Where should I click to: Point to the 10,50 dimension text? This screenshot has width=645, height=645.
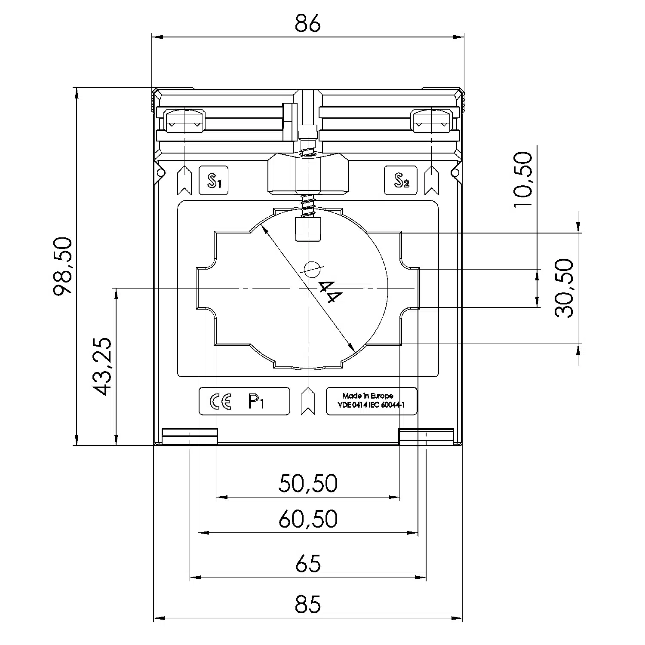click(x=523, y=179)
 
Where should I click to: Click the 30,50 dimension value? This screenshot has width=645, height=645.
click(x=564, y=288)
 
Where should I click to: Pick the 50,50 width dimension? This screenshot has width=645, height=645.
click(x=308, y=483)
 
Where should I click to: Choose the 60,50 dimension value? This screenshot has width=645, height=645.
click(x=308, y=519)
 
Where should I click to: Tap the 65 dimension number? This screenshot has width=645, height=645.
click(x=308, y=563)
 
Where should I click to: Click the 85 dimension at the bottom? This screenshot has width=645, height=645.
click(x=308, y=604)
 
